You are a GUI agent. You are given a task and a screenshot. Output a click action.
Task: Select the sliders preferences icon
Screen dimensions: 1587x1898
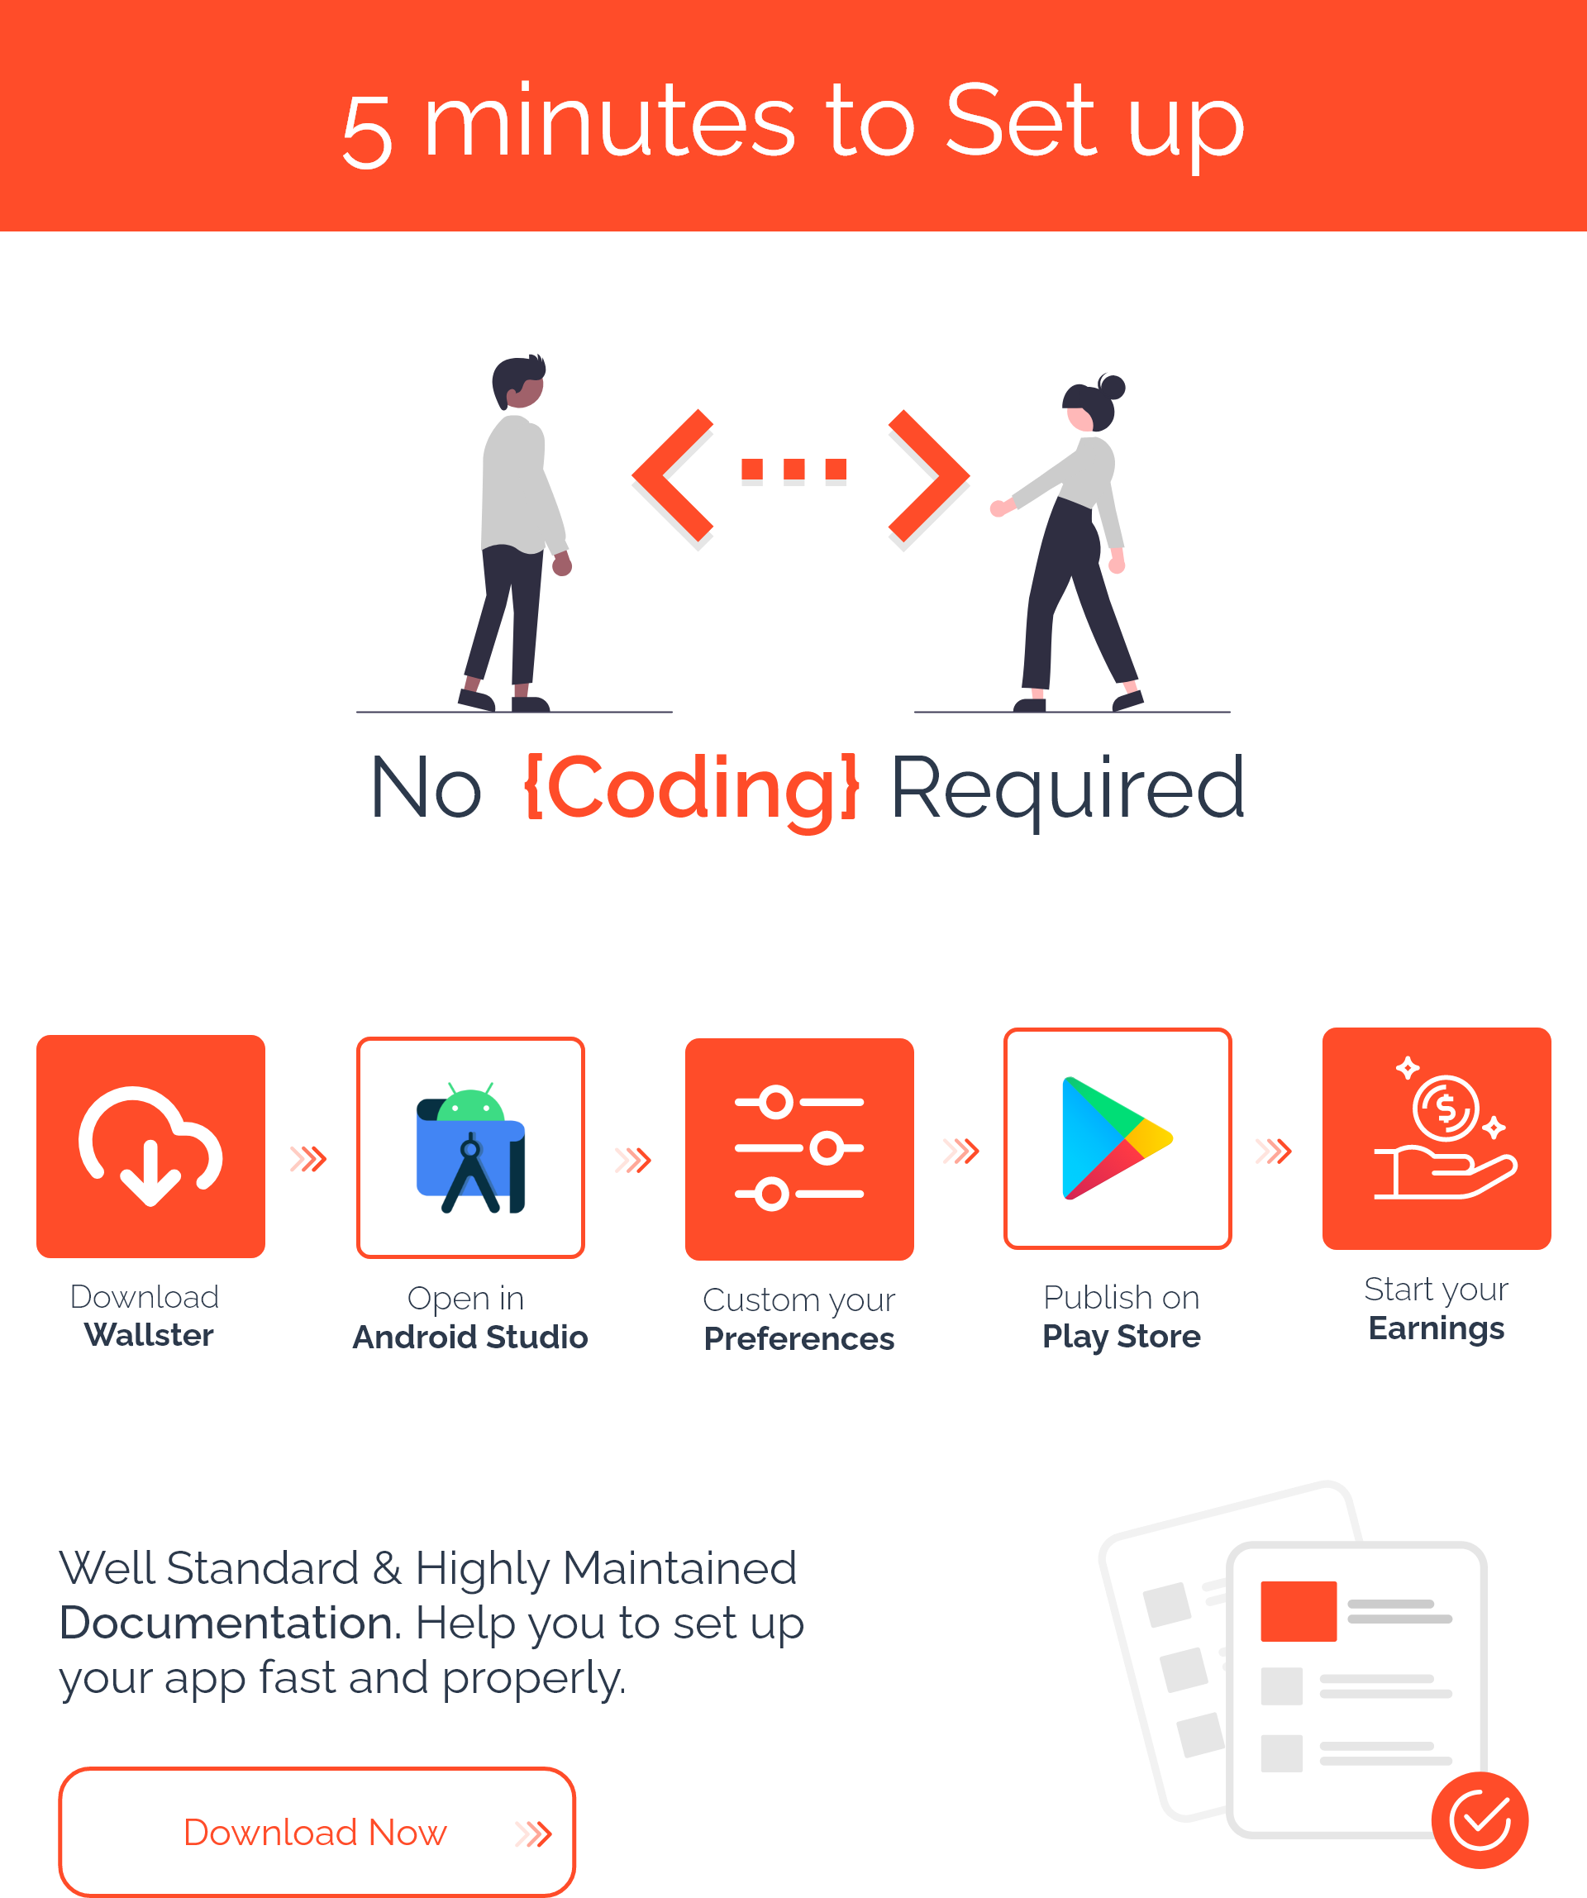[799, 1148]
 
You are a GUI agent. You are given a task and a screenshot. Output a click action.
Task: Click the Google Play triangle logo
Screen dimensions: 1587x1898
[1117, 1138]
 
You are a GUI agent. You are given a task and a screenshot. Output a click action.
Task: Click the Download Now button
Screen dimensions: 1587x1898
[317, 1831]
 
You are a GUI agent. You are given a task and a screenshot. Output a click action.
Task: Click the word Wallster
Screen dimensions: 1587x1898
[149, 1335]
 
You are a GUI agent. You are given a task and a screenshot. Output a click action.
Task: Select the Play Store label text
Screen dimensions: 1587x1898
[1122, 1337]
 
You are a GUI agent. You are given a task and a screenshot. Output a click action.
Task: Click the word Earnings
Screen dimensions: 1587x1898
[1436, 1328]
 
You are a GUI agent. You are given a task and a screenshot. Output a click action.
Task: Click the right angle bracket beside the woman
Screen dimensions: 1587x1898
[929, 475]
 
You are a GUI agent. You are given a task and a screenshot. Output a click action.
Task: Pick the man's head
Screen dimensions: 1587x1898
[519, 381]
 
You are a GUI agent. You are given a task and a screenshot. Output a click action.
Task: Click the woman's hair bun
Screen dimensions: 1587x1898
[1112, 387]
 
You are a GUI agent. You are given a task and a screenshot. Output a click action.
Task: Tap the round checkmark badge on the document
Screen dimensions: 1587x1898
[1480, 1820]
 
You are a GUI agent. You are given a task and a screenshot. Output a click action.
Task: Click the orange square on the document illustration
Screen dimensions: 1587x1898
[1299, 1611]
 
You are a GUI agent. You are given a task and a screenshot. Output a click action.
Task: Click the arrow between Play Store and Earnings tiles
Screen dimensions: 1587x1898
[1275, 1151]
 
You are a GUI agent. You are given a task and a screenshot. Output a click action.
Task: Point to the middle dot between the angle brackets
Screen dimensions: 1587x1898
[794, 469]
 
